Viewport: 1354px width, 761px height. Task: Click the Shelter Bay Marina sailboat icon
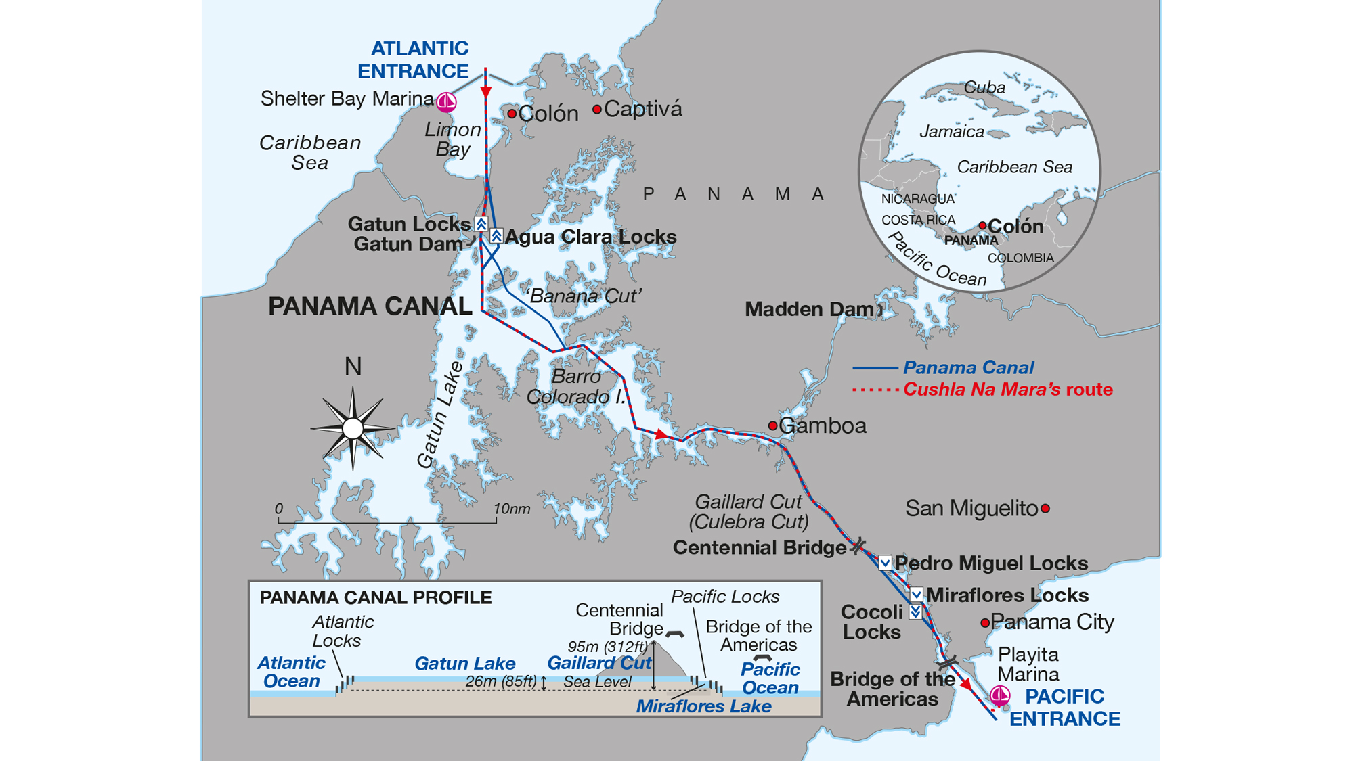446,102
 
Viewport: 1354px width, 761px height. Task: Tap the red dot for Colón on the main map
512,114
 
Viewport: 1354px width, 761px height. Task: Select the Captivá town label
642,109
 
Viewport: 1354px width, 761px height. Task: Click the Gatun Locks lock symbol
481,223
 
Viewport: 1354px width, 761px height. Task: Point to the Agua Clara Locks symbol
496,236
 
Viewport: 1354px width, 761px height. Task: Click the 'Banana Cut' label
583,296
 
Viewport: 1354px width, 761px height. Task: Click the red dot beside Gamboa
772,425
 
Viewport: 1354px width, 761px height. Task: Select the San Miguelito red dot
1045,508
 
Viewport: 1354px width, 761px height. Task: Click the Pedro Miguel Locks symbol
885,563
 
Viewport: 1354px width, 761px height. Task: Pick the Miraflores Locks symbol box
916,595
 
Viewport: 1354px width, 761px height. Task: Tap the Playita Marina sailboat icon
1000,695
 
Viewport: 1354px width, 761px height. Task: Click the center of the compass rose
353,428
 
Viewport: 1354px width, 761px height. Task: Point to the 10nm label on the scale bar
511,509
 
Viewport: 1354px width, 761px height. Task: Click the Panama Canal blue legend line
875,368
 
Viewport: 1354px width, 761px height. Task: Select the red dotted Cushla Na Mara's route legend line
875,390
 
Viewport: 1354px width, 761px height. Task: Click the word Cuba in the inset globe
984,87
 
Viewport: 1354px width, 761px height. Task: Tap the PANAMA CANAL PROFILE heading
375,598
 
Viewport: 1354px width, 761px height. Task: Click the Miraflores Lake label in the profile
703,706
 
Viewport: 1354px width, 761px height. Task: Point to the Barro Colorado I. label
576,386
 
